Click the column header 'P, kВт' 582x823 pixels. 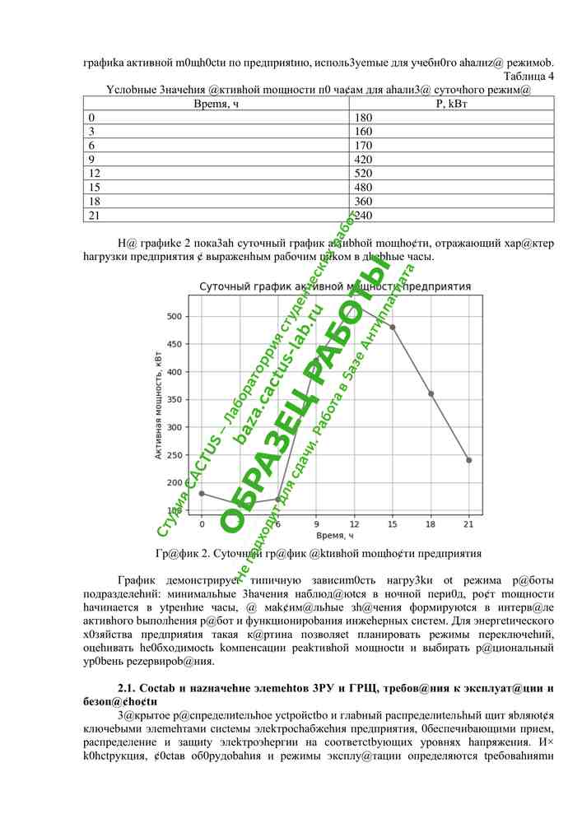451,103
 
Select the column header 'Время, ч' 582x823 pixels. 217,103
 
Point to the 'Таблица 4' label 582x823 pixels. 527,77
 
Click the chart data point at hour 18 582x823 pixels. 431,393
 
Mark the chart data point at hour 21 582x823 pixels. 469,460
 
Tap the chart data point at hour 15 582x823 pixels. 393,327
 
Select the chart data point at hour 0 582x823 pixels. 202,494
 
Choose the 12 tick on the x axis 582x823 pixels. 354,524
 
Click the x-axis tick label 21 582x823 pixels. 469,524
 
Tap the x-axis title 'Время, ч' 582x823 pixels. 335,536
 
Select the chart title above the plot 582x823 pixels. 335,286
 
